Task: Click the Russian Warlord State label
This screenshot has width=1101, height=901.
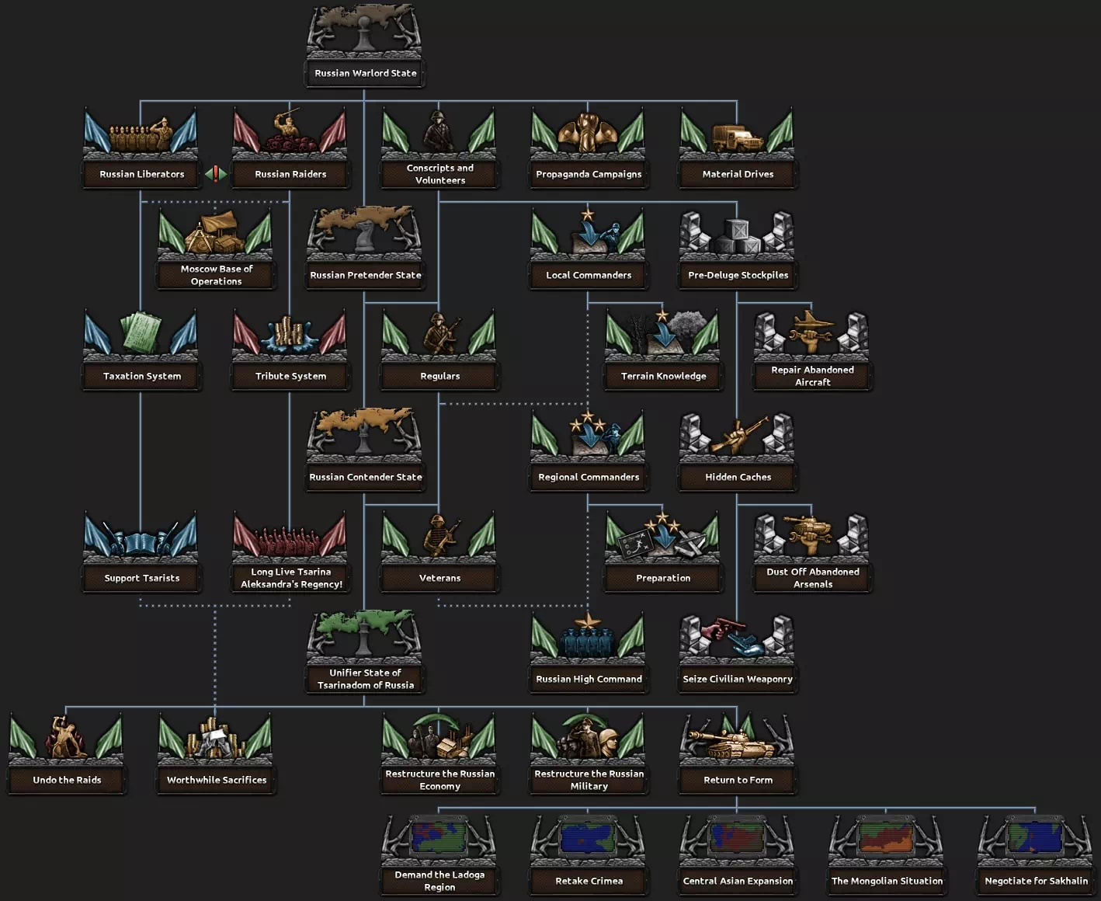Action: (365, 73)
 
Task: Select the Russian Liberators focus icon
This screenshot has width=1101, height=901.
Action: (141, 134)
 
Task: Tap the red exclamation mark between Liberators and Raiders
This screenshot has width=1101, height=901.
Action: (216, 174)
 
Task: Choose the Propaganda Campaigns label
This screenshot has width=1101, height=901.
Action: (589, 174)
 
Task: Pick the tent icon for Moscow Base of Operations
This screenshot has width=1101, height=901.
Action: (216, 231)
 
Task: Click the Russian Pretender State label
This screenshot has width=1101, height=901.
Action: (365, 275)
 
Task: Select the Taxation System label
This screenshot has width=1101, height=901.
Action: (141, 376)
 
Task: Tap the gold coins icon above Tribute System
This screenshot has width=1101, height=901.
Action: (290, 334)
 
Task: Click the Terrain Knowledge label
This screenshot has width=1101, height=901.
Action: (663, 376)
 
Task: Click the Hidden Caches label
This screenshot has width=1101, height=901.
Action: (738, 477)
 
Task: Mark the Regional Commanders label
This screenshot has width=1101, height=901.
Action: (589, 477)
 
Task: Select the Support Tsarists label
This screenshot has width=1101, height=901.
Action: (141, 578)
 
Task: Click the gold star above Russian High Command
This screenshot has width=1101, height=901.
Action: (588, 620)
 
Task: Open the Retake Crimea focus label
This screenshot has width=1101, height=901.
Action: (589, 881)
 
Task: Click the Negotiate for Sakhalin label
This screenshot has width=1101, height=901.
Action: (1036, 881)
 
